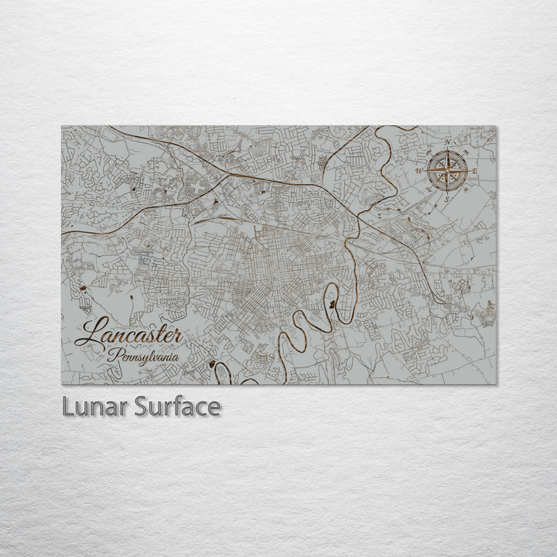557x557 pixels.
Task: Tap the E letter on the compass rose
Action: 475,172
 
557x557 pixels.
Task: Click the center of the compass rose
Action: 448,170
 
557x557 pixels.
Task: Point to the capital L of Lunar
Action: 63,407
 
